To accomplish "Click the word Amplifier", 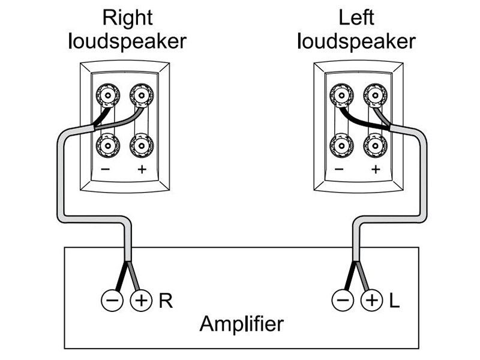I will pyautogui.click(x=241, y=325).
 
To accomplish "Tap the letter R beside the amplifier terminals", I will pyautogui.click(x=166, y=300).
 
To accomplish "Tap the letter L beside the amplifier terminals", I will pyautogui.click(x=394, y=300).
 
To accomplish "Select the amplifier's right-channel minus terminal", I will pyautogui.click(x=112, y=300).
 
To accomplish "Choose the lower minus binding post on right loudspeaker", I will pyautogui.click(x=106, y=145).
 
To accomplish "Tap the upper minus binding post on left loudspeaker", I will pyautogui.click(x=340, y=94).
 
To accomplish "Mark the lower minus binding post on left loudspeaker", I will pyautogui.click(x=340, y=145).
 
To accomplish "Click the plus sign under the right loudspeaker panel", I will pyautogui.click(x=142, y=169).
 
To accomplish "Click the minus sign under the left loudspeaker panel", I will pyautogui.click(x=340, y=169).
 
